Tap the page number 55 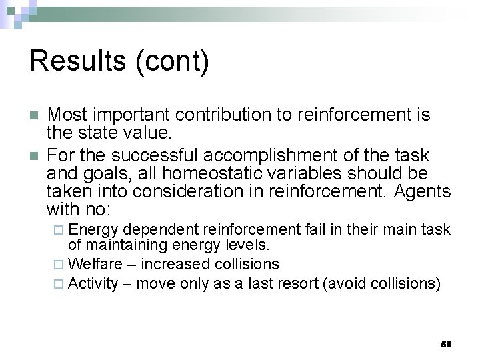446,344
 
